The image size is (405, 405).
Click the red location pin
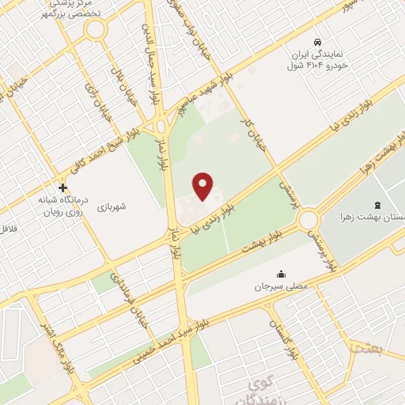pos(203,187)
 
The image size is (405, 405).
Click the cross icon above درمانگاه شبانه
pos(63,187)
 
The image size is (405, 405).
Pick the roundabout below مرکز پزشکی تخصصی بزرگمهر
pos(95,31)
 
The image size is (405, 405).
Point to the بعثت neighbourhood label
pos(368,347)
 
